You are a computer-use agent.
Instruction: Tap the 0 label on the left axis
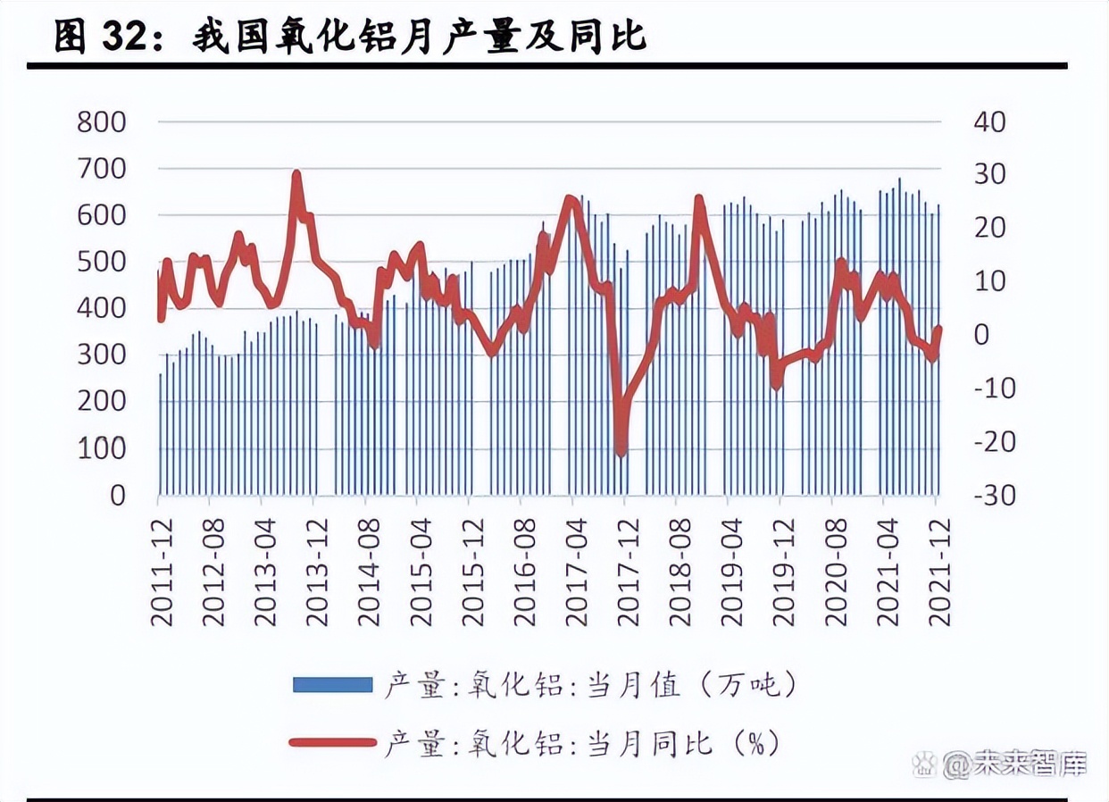click(117, 496)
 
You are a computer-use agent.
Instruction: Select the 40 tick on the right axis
click(988, 121)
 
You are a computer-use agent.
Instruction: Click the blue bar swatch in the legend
click(332, 685)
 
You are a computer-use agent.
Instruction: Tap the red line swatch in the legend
click(332, 742)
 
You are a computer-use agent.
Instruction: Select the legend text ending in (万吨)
click(589, 685)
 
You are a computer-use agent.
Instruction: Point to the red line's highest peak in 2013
click(296, 174)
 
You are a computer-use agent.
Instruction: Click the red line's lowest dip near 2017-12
click(621, 452)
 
